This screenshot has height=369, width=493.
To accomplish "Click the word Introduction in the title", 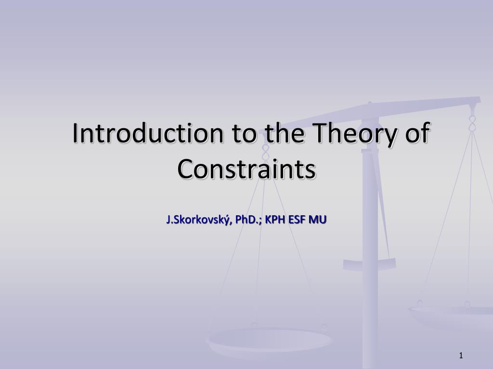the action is [x=148, y=133].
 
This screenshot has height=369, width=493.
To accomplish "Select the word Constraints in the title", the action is [x=246, y=169].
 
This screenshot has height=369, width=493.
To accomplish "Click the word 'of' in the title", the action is [x=418, y=133].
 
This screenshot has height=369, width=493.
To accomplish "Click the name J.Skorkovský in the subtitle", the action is [x=199, y=220].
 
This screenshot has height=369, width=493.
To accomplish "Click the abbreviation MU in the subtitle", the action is [x=318, y=220].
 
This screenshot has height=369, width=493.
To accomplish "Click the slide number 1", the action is [x=461, y=356].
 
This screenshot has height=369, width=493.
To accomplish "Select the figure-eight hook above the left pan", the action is [x=266, y=152].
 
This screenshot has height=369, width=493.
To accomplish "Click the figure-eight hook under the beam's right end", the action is [x=472, y=123].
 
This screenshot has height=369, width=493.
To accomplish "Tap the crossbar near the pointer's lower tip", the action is [x=369, y=265].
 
